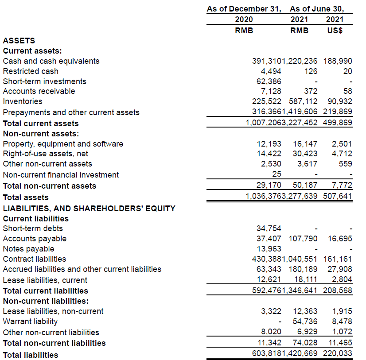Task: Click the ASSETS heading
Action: click(x=19, y=41)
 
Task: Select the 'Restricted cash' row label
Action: click(x=31, y=71)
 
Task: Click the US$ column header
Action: click(x=335, y=31)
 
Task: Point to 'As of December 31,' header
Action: click(x=244, y=9)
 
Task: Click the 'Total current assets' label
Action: click(x=41, y=124)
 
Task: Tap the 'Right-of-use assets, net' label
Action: click(x=46, y=154)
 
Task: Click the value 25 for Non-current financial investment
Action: click(x=276, y=174)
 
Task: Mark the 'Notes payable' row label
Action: click(x=28, y=249)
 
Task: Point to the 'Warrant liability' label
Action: click(x=30, y=321)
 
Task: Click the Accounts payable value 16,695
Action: click(x=340, y=239)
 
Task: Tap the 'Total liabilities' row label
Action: click(x=31, y=355)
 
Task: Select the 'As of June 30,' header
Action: click(x=317, y=9)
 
